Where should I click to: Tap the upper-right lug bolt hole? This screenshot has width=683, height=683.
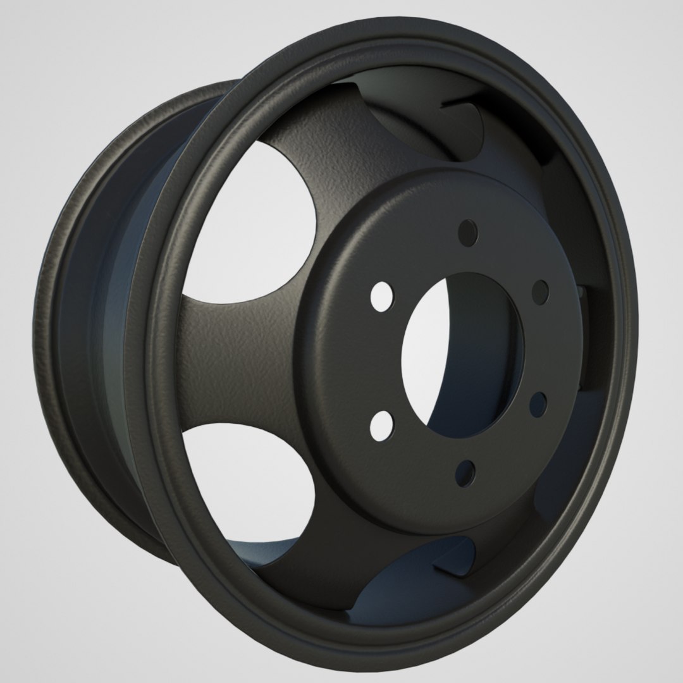(x=540, y=290)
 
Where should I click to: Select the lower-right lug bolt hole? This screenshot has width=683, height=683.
(x=538, y=405)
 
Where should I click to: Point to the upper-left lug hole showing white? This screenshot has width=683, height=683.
(x=381, y=298)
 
